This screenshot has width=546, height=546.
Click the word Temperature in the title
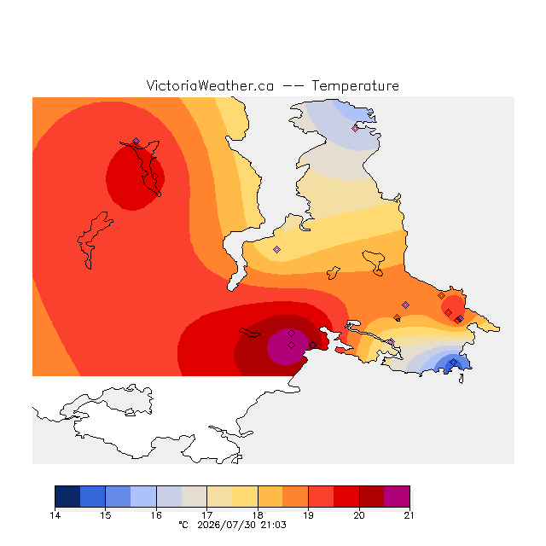point(355,86)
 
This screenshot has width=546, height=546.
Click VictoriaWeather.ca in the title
point(210,85)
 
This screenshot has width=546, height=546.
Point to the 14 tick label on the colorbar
point(55,515)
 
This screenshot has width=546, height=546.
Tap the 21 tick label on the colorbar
point(409,515)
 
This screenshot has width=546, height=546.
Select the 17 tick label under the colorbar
point(206,515)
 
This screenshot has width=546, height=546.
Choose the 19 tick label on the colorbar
point(308,515)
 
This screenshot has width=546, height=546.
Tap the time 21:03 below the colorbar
point(273,526)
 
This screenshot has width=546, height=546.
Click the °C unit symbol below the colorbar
point(183,525)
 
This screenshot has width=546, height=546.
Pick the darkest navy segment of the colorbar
point(67,497)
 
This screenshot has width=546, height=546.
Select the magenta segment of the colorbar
point(397,497)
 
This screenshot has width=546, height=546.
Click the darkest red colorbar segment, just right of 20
point(372,497)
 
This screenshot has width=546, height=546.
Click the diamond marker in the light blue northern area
point(355,129)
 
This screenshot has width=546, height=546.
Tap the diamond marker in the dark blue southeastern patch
point(453,363)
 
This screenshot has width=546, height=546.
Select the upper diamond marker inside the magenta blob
point(292,334)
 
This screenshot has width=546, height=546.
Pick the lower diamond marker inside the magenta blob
point(292,345)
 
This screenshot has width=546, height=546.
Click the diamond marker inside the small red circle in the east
point(449,312)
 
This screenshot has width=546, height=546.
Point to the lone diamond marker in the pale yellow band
point(276,249)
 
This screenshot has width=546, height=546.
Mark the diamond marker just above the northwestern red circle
point(136,141)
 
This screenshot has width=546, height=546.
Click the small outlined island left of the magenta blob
point(249,333)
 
